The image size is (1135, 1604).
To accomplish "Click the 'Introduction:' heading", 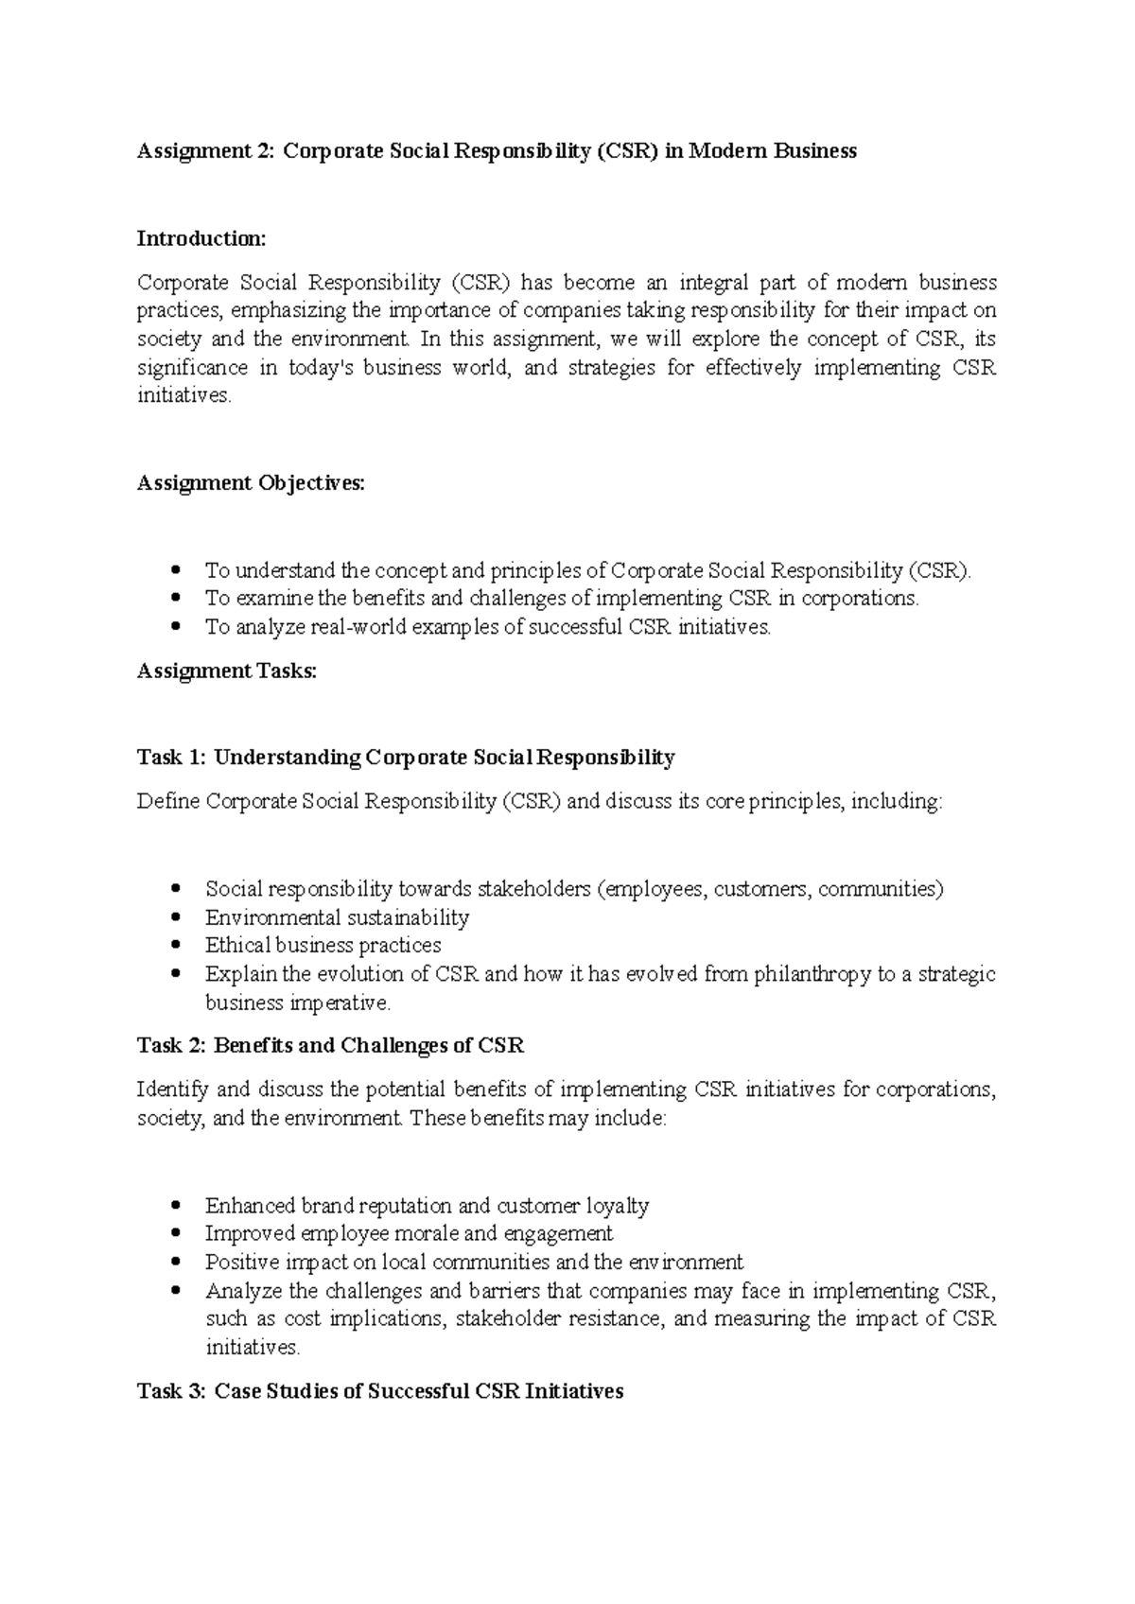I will point(201,238).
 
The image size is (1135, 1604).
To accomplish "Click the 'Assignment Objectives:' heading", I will point(250,483).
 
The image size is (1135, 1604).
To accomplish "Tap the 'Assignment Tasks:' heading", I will point(227,671).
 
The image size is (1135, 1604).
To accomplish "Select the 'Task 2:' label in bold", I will point(172,1046).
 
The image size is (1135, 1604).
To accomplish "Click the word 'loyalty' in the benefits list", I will point(618,1206).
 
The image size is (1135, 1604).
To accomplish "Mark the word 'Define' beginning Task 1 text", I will point(168,802).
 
